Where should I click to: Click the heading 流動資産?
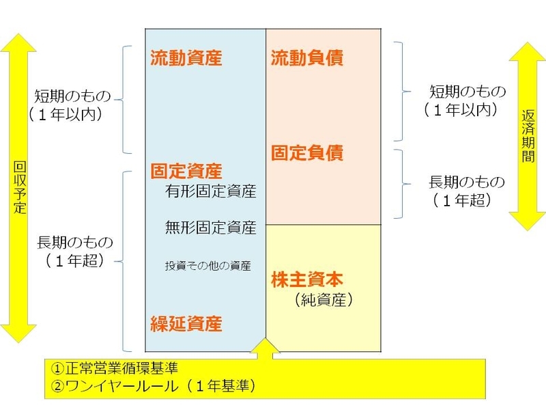pyautogui.click(x=186, y=58)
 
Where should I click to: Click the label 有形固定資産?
pyautogui.click(x=210, y=191)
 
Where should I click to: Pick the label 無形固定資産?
pyautogui.click(x=210, y=227)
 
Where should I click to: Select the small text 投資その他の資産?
pyautogui.click(x=208, y=265)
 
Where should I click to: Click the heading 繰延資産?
pyautogui.click(x=186, y=323)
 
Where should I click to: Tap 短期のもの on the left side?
pyautogui.click(x=72, y=96)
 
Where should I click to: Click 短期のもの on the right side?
pyautogui.click(x=468, y=92)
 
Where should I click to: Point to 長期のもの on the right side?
pyautogui.click(x=467, y=182)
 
